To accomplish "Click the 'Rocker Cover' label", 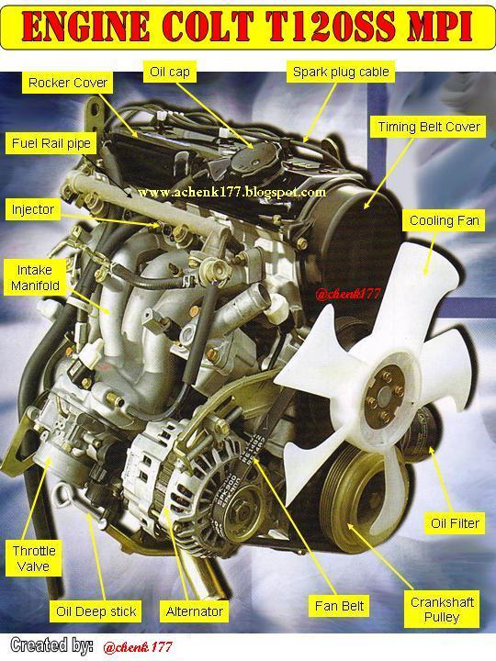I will coord(68,83).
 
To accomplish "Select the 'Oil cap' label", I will coord(169,71).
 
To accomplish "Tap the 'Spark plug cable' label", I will coord(340,71).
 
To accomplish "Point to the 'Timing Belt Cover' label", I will coord(429,127).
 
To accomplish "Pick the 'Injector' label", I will coord(33,209).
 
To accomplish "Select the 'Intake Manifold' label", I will coord(34,278).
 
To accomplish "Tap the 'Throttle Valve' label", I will coord(34,558).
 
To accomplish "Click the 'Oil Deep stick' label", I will coord(96,611).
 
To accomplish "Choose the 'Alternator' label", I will coord(195,611).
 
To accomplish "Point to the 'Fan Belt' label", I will coord(340,606).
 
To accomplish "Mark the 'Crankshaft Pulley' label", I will coord(443,610).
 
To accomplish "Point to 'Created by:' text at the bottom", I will coord(51,645).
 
